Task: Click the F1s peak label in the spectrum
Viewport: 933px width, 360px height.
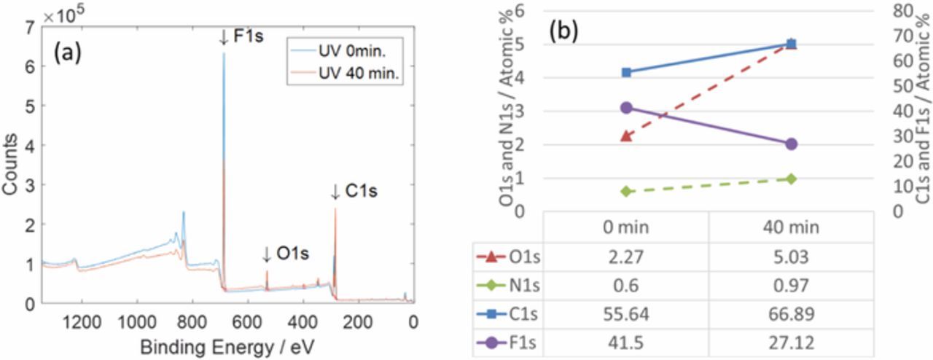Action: point(243,37)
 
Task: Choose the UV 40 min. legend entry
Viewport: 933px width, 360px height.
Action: point(357,74)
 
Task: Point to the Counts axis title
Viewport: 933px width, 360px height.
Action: point(11,166)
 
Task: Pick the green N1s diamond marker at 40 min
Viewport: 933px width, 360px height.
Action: point(792,179)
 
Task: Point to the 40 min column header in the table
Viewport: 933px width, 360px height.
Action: point(792,227)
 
